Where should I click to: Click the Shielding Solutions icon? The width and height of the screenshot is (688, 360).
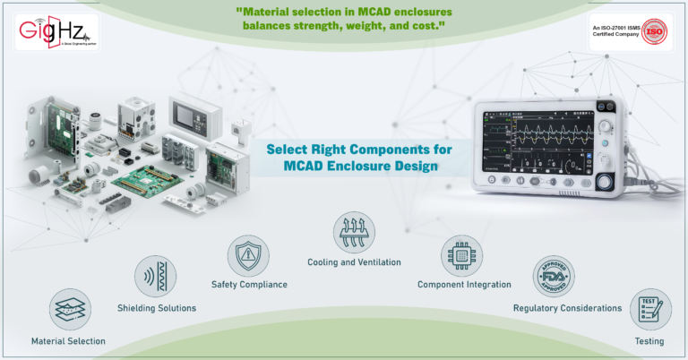pos(156,277)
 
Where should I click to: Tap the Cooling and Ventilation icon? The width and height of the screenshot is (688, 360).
pos(354,233)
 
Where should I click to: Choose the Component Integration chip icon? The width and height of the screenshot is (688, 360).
pos(464,256)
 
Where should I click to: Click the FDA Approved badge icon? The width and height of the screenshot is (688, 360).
pos(554,278)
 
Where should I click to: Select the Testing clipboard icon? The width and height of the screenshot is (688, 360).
pos(650,310)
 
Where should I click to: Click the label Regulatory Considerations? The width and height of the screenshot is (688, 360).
pos(567,308)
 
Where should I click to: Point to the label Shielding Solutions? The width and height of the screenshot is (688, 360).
pos(157,308)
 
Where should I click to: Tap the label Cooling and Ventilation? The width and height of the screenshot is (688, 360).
pos(354,262)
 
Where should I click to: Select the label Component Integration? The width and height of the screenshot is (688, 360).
pos(464,285)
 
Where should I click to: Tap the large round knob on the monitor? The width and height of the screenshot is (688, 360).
pos(605,182)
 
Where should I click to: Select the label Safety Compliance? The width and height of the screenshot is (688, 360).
pos(249,285)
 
